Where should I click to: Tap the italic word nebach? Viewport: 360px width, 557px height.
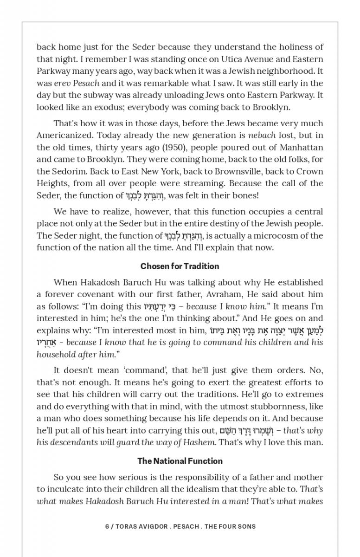261,135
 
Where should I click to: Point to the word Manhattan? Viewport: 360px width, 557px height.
302,147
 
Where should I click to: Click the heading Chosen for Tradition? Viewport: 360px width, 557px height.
180,266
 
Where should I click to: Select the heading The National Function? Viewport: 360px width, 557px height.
180,461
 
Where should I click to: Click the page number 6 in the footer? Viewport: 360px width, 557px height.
107,526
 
